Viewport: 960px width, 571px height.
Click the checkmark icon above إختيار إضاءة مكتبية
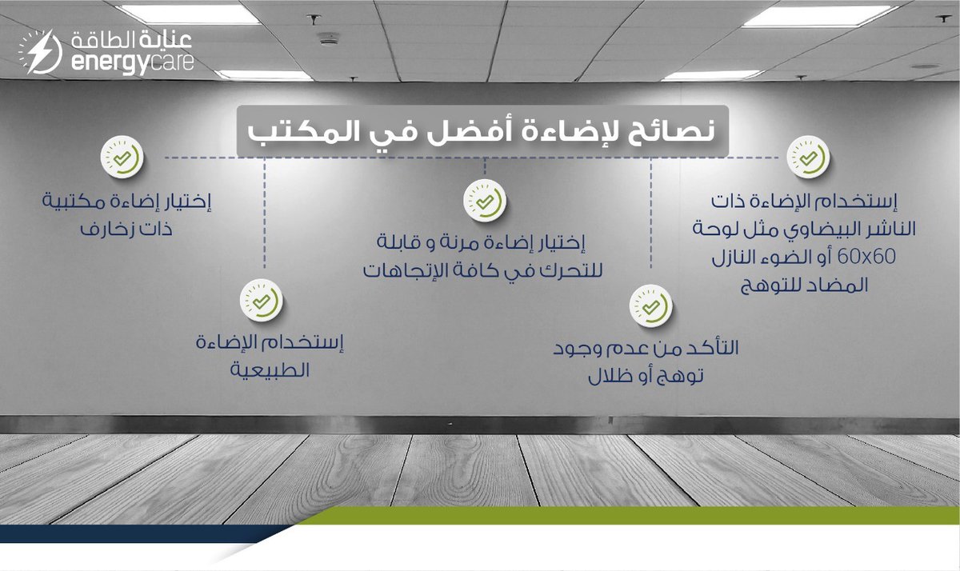[x=122, y=158]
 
